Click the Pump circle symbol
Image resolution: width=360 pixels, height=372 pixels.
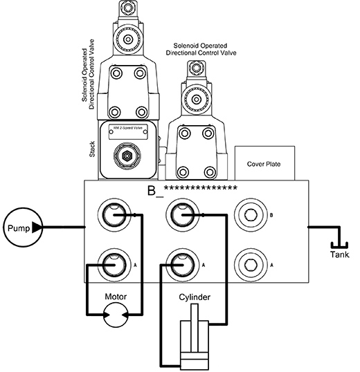click(19, 227)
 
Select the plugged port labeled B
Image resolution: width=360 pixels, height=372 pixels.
click(249, 216)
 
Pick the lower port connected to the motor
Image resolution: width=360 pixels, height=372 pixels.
click(113, 263)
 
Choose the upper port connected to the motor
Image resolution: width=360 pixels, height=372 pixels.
click(113, 216)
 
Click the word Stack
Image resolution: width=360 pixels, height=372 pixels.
click(93, 149)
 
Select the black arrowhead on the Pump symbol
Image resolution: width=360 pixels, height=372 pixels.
click(37, 227)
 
